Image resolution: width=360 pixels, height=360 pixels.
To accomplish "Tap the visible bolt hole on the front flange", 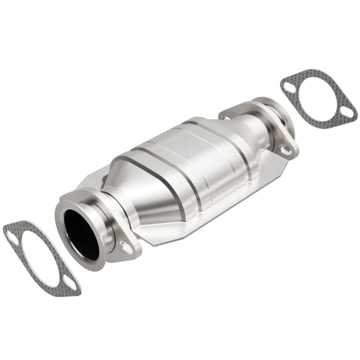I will (x=127, y=247).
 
